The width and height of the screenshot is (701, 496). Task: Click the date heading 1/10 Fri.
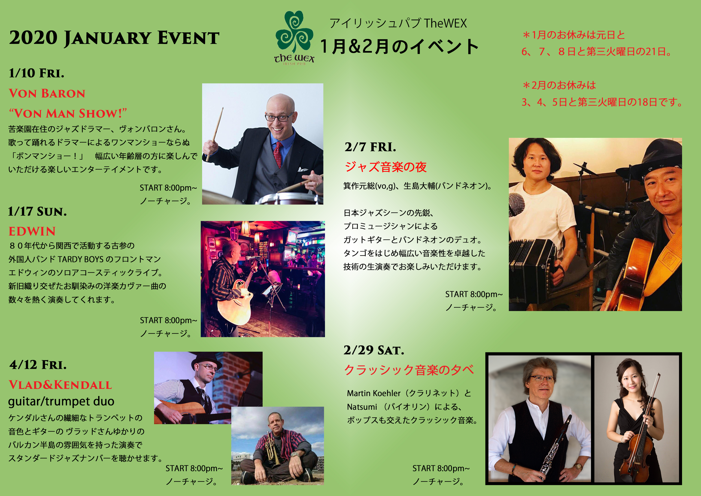37,73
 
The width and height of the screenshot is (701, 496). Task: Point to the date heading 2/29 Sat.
373,350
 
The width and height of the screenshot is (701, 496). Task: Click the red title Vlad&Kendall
60,385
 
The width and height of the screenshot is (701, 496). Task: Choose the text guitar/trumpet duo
61,401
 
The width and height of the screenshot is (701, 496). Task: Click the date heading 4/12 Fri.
38,365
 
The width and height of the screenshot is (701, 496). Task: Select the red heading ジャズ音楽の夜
385,167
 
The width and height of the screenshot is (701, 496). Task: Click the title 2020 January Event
114,38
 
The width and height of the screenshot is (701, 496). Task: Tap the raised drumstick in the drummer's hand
215,134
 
